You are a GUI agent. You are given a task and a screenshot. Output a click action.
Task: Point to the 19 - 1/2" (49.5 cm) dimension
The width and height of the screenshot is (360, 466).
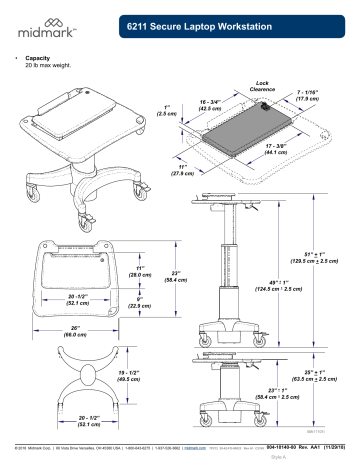(128, 376)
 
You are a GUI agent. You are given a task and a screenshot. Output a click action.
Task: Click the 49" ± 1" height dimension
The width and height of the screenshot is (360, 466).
(273, 286)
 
